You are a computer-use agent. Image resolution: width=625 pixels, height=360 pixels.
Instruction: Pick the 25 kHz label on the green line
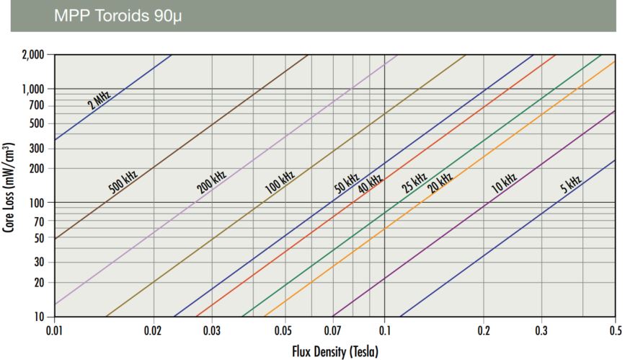coord(415,183)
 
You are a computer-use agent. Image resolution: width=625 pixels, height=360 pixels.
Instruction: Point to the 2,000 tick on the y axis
coord(32,55)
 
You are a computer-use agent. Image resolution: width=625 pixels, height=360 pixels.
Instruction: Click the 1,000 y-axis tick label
coord(32,89)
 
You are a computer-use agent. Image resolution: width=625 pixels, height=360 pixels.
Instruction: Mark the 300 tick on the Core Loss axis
coord(37,149)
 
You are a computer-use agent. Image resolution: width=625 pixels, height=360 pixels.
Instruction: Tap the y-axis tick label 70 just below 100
coord(39,221)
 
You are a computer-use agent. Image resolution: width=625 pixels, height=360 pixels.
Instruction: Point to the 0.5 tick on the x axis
coord(614,330)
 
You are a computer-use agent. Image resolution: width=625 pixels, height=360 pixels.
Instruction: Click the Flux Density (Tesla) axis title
coord(334,350)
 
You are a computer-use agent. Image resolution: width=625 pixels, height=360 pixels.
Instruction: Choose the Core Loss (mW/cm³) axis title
coord(11,187)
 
